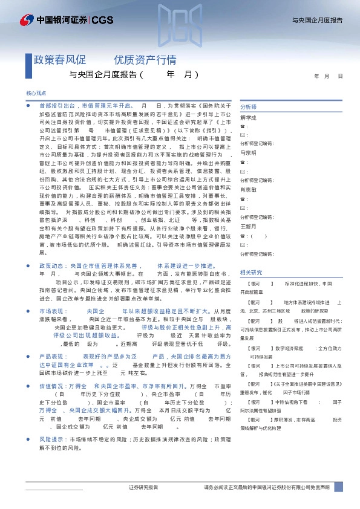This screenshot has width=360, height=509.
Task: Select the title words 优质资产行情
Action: (x=145, y=60)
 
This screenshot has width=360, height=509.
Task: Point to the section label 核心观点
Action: (x=36, y=94)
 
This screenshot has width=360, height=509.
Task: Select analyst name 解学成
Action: (x=248, y=117)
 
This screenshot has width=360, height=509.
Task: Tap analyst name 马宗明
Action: (x=248, y=153)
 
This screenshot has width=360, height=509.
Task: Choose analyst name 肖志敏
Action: (x=248, y=189)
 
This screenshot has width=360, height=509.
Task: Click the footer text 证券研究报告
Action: (x=143, y=487)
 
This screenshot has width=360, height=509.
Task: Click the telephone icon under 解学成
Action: (x=243, y=126)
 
